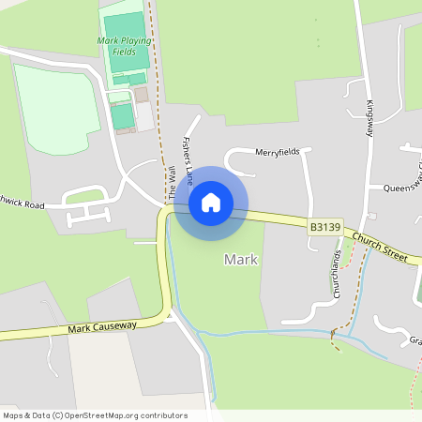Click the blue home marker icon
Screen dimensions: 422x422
click(210, 202)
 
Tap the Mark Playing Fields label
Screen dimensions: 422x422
click(123, 46)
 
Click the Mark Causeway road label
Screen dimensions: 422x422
click(102, 326)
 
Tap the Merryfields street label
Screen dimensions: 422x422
click(277, 152)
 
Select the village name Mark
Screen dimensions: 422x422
click(240, 259)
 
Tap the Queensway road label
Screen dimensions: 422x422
click(403, 187)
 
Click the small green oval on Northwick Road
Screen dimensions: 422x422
click(83, 197)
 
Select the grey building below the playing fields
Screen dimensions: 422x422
click(141, 95)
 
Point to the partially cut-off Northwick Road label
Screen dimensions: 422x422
click(23, 203)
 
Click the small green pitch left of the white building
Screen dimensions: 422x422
click(123, 116)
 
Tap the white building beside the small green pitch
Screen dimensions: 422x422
click(144, 116)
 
